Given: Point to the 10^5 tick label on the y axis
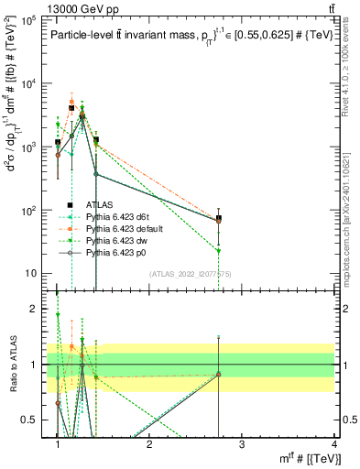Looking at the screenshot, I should click(30, 19).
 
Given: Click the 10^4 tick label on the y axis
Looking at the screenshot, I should click(30, 83).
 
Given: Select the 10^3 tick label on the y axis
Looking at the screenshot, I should click(30, 147).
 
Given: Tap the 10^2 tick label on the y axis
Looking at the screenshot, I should click(30, 211).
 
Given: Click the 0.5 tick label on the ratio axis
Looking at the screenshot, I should click(32, 420).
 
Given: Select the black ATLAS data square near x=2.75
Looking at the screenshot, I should click(219, 219).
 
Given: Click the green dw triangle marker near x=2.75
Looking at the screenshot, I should click(219, 250).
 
